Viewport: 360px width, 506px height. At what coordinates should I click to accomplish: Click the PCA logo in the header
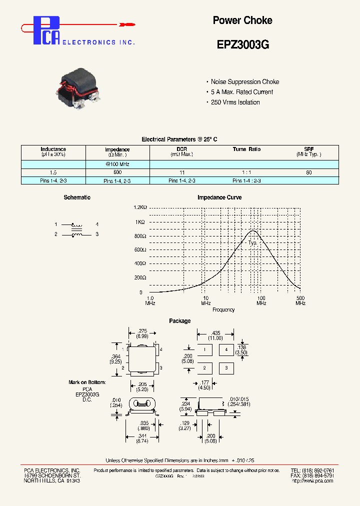pyautogui.click(x=48, y=31)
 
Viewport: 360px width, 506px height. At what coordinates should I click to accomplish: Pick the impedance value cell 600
pyautogui.click(x=117, y=172)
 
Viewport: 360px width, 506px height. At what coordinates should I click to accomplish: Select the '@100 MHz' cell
pyautogui.click(x=117, y=164)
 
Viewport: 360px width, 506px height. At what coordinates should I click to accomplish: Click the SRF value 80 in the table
pyautogui.click(x=308, y=172)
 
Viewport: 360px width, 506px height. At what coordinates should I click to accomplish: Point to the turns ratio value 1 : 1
pyautogui.click(x=246, y=172)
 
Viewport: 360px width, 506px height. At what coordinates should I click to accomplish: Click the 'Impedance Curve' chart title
pyautogui.click(x=219, y=197)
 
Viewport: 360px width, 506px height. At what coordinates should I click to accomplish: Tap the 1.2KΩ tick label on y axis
pyautogui.click(x=139, y=207)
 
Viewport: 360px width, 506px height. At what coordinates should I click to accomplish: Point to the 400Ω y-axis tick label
pyautogui.click(x=139, y=263)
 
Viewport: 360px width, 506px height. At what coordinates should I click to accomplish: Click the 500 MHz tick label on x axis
pyautogui.click(x=300, y=300)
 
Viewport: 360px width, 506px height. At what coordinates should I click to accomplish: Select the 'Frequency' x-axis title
pyautogui.click(x=223, y=310)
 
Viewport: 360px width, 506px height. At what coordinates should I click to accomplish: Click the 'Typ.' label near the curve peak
pyautogui.click(x=252, y=242)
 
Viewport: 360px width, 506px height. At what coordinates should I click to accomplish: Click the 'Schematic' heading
pyautogui.click(x=77, y=197)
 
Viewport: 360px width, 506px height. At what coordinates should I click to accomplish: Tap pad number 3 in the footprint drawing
pyautogui.click(x=226, y=368)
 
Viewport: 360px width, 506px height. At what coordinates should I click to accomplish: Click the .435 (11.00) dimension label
pyautogui.click(x=216, y=335)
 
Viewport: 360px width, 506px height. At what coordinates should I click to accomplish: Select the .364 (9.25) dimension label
pyautogui.click(x=115, y=358)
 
